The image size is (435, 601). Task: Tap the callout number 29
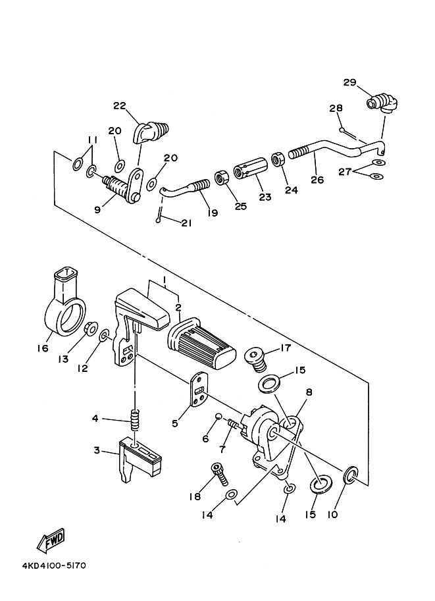[349, 82]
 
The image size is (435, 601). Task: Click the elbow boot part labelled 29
[381, 103]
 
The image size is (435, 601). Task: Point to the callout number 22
[119, 106]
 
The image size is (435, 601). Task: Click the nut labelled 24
[278, 160]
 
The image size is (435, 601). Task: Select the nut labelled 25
[222, 177]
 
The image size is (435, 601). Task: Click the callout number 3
[97, 451]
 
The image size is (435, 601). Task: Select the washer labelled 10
[351, 473]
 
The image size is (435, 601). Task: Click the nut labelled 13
[91, 327]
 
